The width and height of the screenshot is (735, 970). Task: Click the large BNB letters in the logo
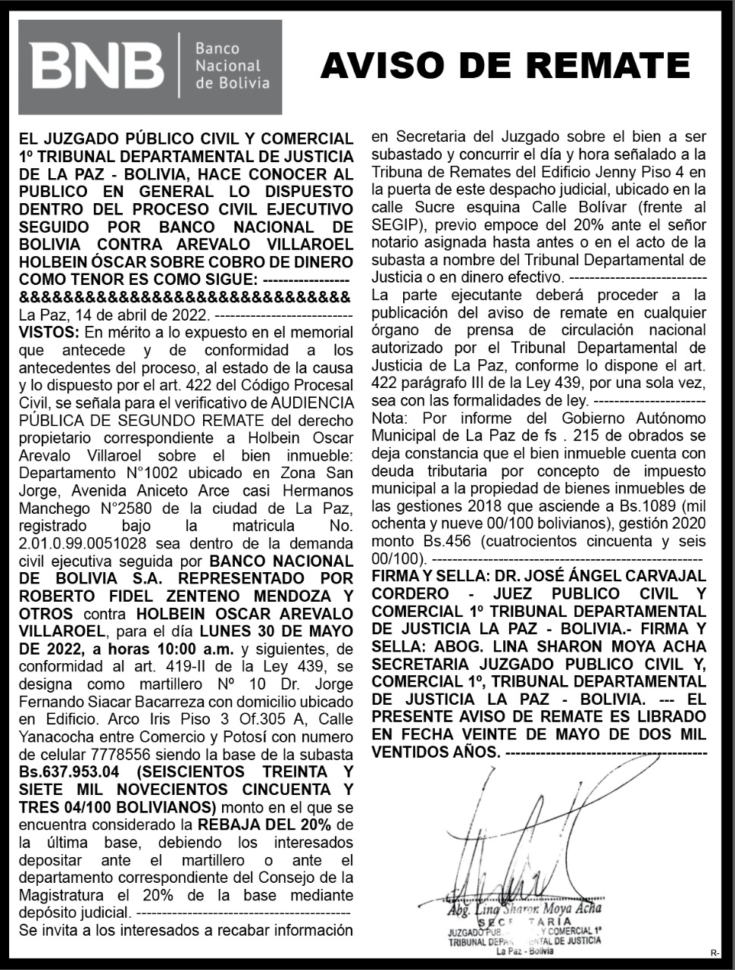coord(97,66)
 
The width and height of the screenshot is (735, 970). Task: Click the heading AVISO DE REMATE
coord(505,66)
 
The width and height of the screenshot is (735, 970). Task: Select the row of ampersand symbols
coord(185,296)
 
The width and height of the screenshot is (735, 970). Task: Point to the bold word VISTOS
coord(48,332)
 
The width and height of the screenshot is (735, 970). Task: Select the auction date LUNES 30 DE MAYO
coord(276,631)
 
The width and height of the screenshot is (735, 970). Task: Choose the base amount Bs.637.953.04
coord(69,771)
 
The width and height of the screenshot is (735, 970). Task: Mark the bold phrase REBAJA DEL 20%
coord(264,824)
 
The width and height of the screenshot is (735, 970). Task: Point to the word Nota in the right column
coord(388,418)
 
